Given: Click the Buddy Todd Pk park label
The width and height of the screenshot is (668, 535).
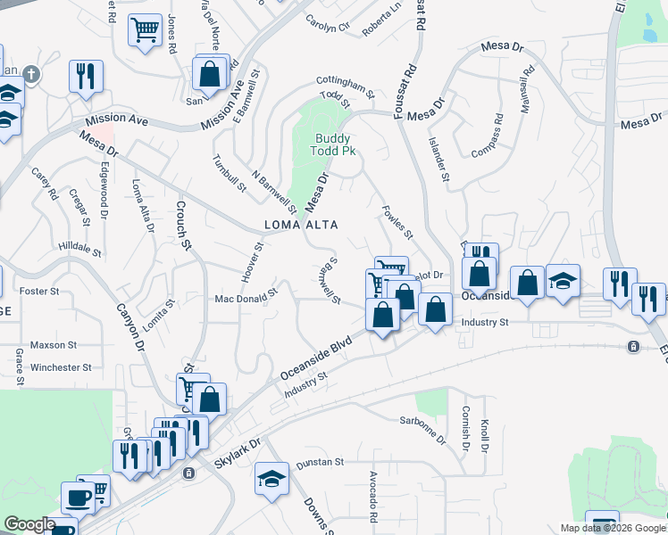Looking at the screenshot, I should point(335,144).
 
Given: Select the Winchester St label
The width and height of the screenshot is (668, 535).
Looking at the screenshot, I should point(62,366).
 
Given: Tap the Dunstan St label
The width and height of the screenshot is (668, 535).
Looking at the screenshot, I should point(321,462).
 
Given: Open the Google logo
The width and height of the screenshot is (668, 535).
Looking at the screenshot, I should point(29,524).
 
